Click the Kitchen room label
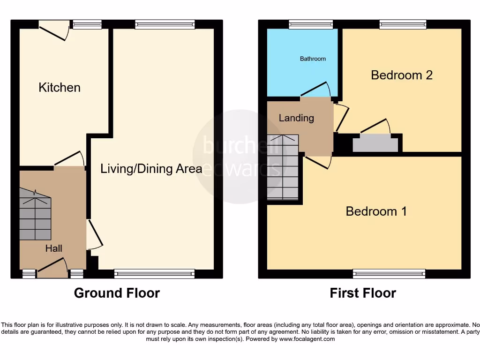pos(60,88)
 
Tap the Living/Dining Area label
pos(151,169)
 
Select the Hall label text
pos(54,248)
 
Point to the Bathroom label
pos(313,59)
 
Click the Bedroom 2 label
pos(401,75)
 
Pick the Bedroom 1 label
pos(376,211)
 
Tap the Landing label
pos(296,118)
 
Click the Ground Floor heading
pos(117,293)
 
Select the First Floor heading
pos(363,293)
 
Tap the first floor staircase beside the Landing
pos(283,166)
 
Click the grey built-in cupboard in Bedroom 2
pos(375,142)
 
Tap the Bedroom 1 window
pos(389,273)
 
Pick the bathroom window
pos(311,24)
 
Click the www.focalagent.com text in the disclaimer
pos(307,339)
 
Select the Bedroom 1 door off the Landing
pos(319,162)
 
